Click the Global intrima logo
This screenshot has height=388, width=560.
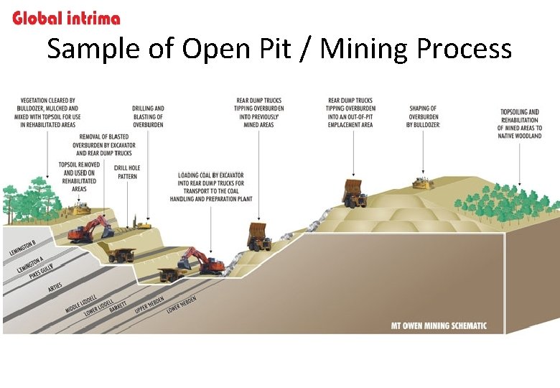coord(66,17)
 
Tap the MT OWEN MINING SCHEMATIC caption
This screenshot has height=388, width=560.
coord(438,325)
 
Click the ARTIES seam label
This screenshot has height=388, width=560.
coord(55,287)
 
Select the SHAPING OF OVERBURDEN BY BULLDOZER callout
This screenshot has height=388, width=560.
coord(424,116)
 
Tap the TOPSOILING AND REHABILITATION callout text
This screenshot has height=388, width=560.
coord(521,124)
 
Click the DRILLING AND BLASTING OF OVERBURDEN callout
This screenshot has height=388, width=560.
coord(148,116)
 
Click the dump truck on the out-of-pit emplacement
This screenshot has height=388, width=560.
coord(353,193)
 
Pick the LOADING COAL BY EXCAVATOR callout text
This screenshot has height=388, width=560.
coord(211,187)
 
